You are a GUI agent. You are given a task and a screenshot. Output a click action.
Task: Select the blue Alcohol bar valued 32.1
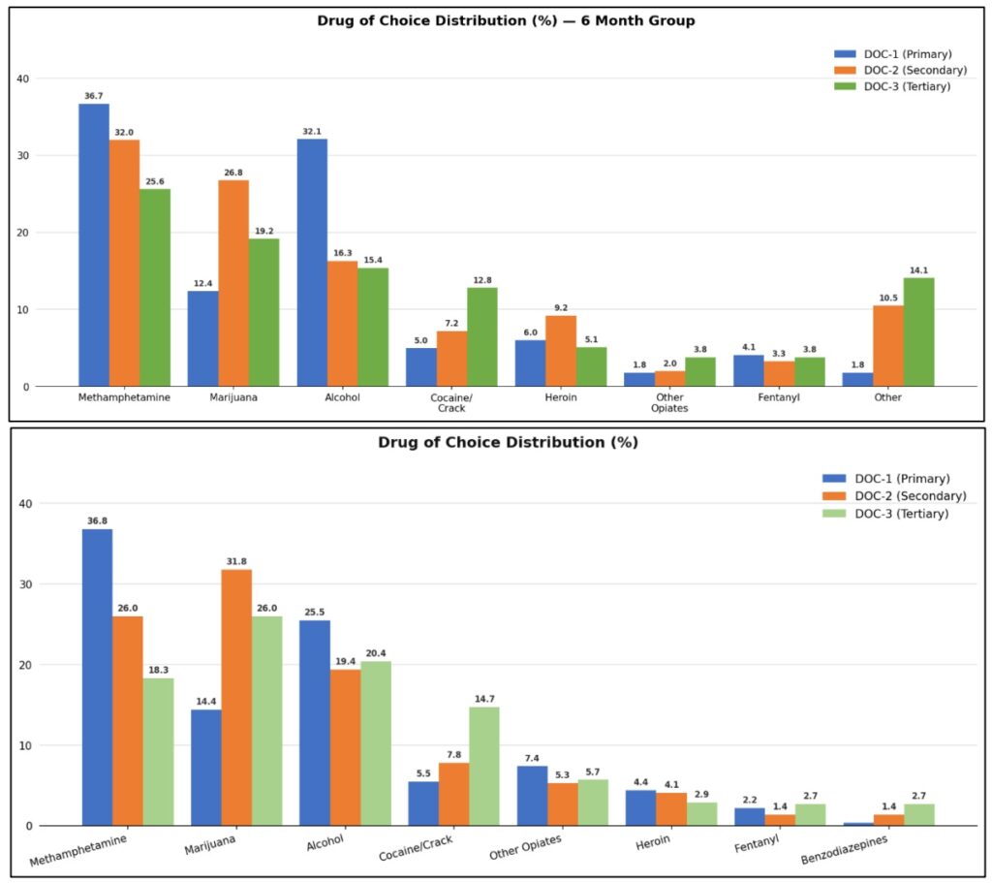(x=312, y=263)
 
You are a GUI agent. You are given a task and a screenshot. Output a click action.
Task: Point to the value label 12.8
(x=481, y=280)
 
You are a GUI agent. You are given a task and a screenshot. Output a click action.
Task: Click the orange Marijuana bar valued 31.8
(x=236, y=698)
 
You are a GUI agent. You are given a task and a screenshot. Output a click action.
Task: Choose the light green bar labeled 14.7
(x=484, y=766)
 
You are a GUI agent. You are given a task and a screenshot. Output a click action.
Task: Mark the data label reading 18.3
(x=159, y=670)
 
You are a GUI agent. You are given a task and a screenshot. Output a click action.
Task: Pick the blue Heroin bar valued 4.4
(x=640, y=807)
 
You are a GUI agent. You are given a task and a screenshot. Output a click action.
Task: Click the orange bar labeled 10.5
(x=887, y=346)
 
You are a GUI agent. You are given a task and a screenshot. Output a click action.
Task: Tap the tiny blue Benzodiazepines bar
(x=857, y=824)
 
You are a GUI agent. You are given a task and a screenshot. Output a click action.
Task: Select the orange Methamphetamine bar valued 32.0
(x=124, y=263)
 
